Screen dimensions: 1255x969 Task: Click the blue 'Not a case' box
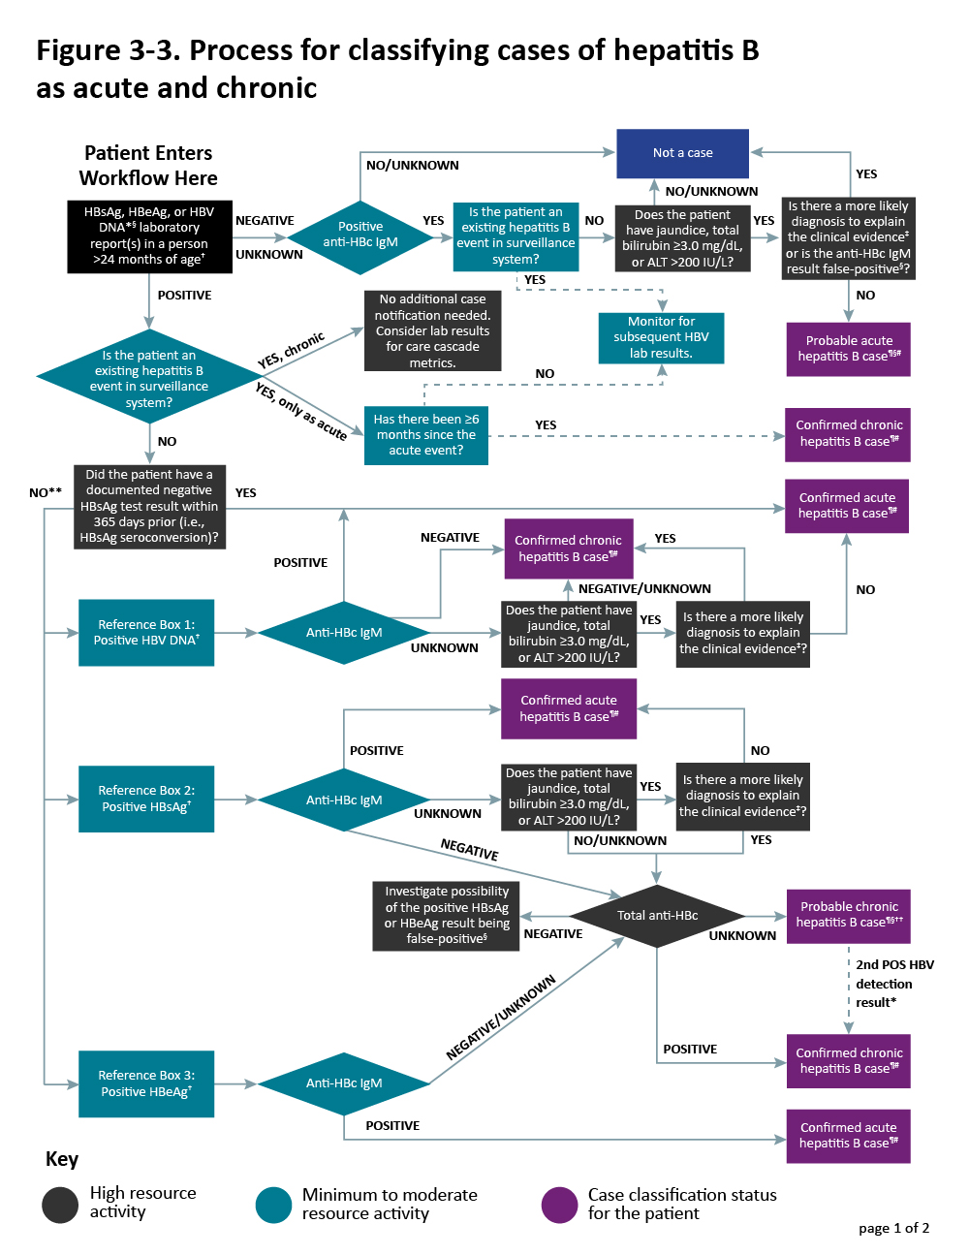click(x=682, y=153)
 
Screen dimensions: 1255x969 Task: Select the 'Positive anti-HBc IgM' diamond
click(x=359, y=235)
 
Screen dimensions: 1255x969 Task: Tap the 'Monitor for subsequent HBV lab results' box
click(x=661, y=337)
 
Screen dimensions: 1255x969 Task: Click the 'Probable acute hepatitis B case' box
click(x=848, y=349)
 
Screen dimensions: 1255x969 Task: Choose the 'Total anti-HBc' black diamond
click(x=657, y=915)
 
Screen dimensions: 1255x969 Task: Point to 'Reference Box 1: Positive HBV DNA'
click(x=146, y=633)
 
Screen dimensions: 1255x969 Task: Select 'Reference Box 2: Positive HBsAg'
click(x=146, y=799)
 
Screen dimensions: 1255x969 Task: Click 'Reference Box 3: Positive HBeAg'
click(x=146, y=1083)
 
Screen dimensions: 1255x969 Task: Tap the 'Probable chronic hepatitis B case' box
click(x=848, y=915)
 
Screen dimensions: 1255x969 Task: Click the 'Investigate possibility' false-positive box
click(x=446, y=915)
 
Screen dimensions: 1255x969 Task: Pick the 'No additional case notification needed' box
click(x=432, y=330)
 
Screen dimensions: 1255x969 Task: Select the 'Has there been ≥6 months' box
click(x=425, y=435)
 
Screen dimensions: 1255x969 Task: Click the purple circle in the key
click(x=559, y=1205)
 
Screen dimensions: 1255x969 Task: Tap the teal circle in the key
click(x=273, y=1205)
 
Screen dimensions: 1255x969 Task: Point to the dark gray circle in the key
click(x=60, y=1205)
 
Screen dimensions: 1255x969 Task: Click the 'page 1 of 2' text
click(x=893, y=1228)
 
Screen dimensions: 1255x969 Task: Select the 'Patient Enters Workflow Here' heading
click(x=148, y=166)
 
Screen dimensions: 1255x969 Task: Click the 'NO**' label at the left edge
click(x=46, y=492)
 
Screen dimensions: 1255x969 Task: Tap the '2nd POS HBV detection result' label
click(x=893, y=984)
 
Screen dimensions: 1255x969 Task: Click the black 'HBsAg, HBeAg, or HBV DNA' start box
click(x=149, y=235)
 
